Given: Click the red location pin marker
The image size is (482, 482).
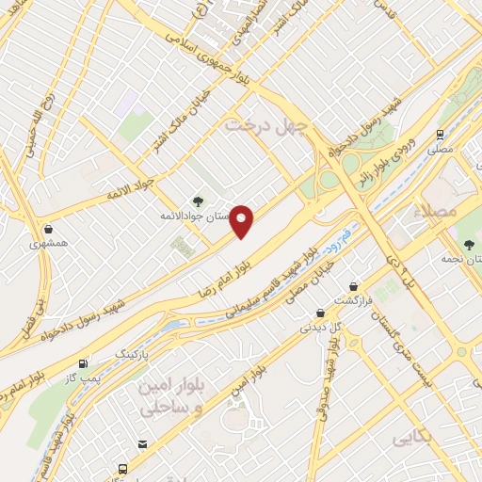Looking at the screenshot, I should tap(243, 221).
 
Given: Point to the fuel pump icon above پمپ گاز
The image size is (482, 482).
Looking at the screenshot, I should tap(85, 362).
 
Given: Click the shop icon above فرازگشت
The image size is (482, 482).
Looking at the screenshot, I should tap(353, 286).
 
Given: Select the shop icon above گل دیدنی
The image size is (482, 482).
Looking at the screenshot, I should tap(320, 313).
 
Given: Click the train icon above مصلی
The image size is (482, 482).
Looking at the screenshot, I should tap(440, 134).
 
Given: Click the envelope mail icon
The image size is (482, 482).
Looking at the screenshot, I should tap(142, 444).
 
